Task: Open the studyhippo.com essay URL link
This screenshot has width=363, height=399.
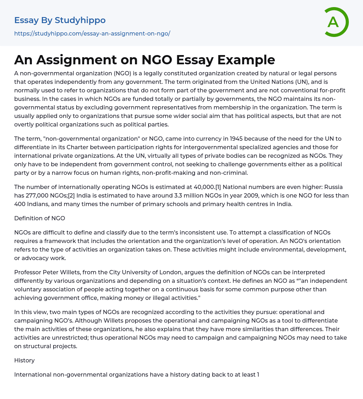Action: click(x=92, y=33)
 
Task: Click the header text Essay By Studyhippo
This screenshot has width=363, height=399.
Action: click(x=60, y=20)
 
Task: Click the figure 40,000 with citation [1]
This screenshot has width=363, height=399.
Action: click(x=205, y=187)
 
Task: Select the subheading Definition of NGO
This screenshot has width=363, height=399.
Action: click(x=40, y=218)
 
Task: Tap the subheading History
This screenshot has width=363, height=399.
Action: click(x=24, y=360)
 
